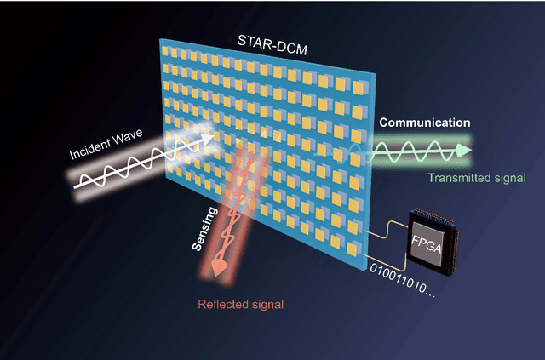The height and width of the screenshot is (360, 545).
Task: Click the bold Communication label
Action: [425, 123]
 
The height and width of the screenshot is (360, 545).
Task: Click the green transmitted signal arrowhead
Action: [462, 151]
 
